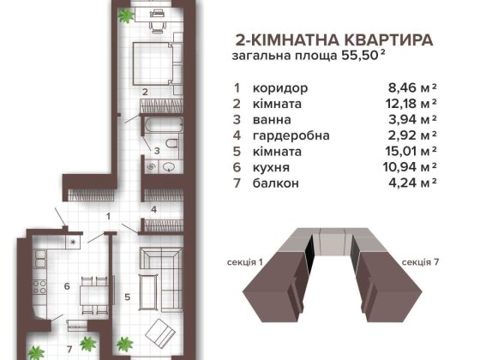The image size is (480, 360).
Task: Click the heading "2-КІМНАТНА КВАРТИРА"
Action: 333,39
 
